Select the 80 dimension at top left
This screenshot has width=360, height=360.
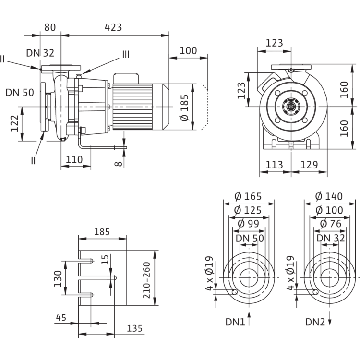coord(50,28)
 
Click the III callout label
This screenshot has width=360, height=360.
coord(125,54)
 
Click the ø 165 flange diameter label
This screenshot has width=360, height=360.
coord(249,197)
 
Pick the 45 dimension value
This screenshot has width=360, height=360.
coord(61,317)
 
